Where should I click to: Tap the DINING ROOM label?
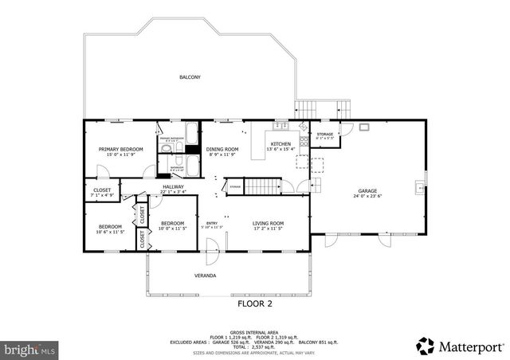222,149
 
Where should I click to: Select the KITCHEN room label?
280,143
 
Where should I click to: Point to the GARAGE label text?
367,191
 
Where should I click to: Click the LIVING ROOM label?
269,223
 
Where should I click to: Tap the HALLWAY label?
173,186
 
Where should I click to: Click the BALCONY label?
190,77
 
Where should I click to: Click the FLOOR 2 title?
255,303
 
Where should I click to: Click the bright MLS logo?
29,349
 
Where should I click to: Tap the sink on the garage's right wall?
419,189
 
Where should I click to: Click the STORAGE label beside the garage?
325,134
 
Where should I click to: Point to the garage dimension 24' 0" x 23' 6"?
367,197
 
